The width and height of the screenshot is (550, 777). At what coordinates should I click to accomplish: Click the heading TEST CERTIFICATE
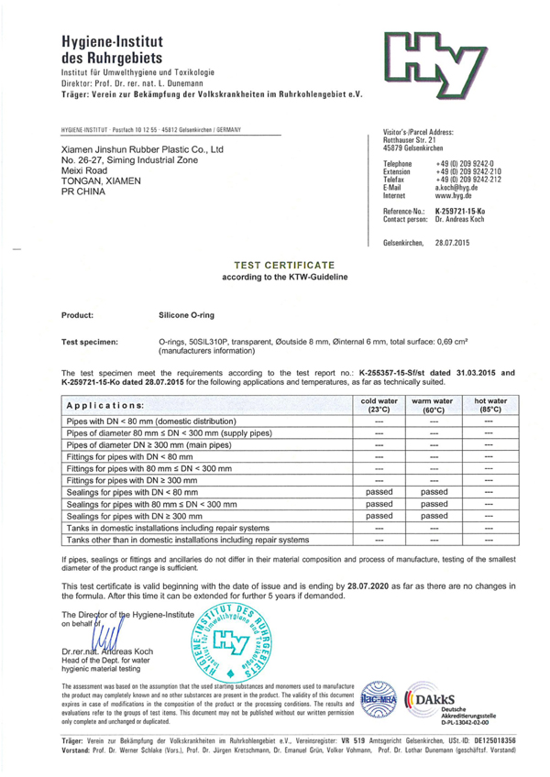[274, 263]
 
